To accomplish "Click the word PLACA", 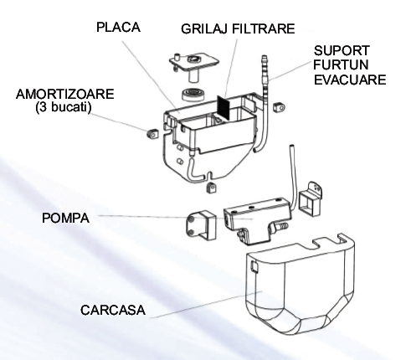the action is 118,28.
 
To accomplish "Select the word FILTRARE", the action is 264,28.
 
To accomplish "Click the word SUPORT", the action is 342,51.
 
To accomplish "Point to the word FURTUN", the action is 341,64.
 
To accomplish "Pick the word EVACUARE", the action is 350,80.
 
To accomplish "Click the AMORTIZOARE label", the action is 65,94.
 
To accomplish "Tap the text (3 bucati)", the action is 64,107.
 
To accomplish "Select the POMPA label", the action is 66,218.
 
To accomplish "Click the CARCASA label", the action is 113,310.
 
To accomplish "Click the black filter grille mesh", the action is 224,106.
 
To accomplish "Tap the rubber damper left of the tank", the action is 152,134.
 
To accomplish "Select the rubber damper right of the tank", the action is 279,107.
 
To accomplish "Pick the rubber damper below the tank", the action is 211,188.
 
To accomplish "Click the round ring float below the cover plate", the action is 194,95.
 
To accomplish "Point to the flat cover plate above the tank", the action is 193,62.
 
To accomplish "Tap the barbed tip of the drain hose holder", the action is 264,60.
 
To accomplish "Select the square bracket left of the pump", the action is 201,225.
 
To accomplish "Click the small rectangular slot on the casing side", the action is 254,266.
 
